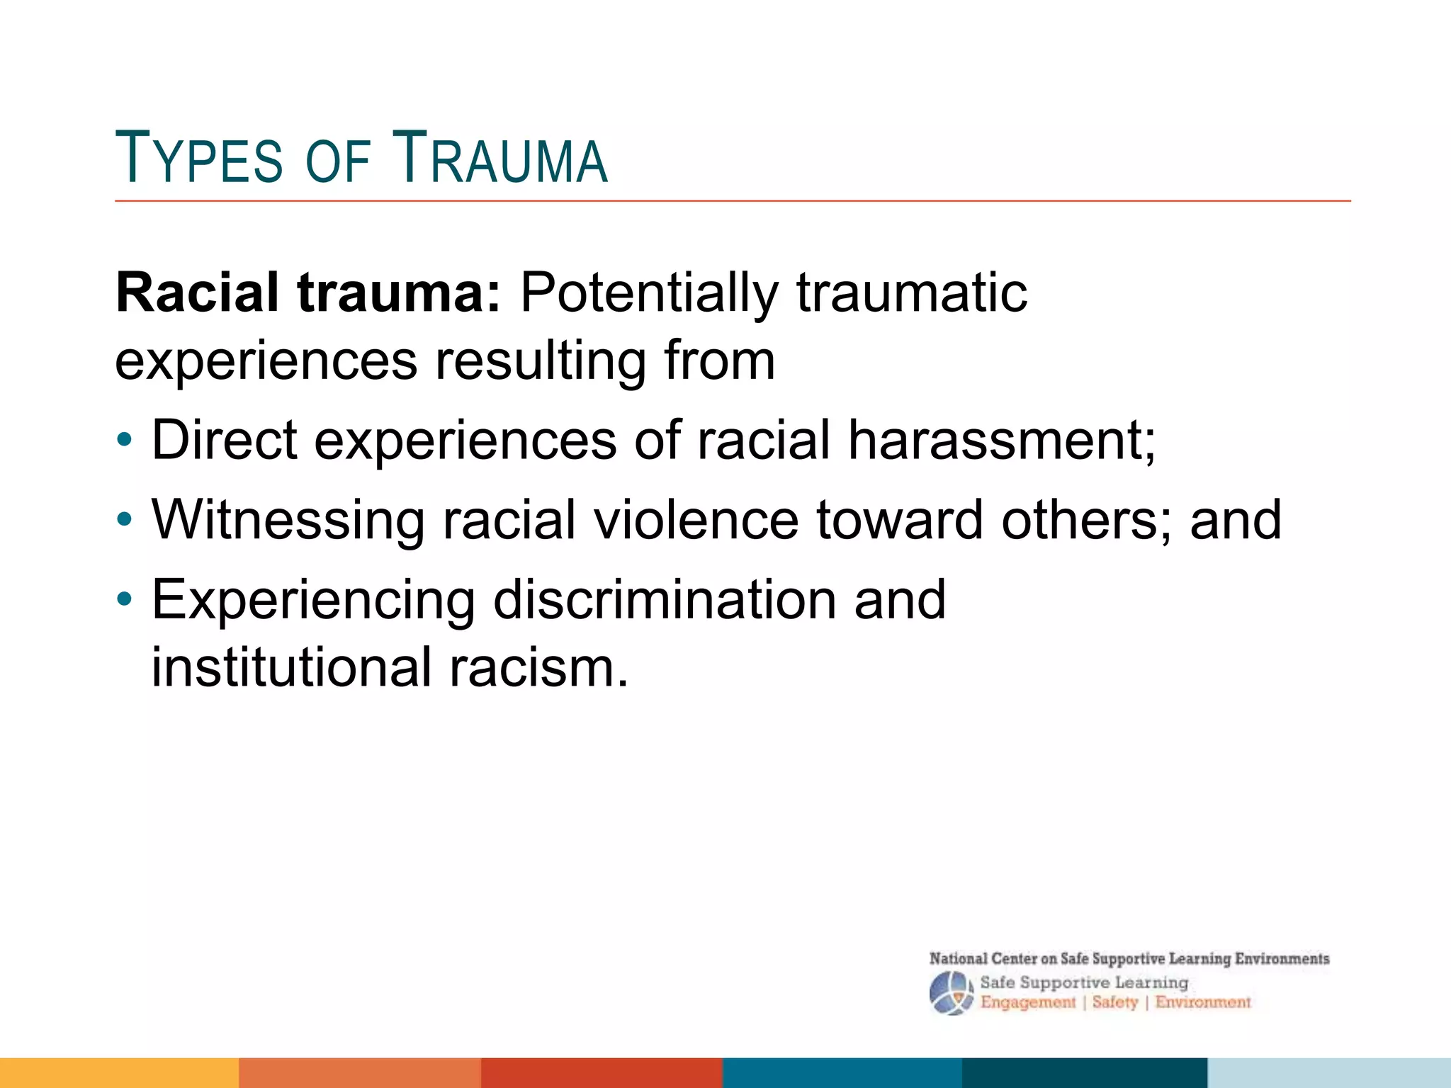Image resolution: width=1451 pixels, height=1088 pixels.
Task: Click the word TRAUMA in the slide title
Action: click(x=499, y=159)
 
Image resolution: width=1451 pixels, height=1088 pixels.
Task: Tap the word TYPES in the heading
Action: click(x=199, y=159)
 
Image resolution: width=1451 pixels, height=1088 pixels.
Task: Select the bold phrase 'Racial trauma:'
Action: click(x=308, y=293)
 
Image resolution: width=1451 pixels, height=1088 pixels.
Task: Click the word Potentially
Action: click(x=649, y=293)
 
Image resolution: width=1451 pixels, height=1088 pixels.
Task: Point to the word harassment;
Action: click(x=1002, y=440)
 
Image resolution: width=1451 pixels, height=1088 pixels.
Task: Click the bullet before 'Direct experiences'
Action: click(x=125, y=441)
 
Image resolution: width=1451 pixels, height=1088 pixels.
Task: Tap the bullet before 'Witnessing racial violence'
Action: click(x=125, y=520)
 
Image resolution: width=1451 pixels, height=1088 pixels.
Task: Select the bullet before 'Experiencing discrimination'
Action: click(x=125, y=600)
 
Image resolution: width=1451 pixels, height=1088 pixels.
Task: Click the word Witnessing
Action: click(x=288, y=520)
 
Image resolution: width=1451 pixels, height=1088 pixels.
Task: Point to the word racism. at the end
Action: click(x=538, y=667)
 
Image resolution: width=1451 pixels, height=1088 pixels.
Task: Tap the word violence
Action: click(x=696, y=520)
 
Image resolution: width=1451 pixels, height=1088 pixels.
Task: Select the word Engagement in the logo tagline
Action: click(x=1028, y=1002)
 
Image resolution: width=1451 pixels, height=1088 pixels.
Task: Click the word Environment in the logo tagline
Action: click(x=1203, y=1002)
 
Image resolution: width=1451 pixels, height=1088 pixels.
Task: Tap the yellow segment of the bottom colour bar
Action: click(x=119, y=1072)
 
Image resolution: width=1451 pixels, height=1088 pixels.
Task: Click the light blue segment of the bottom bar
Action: click(x=1329, y=1072)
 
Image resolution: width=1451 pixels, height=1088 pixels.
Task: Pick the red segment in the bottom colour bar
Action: click(x=602, y=1072)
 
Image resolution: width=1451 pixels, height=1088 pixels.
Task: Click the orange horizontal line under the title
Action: click(x=733, y=201)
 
